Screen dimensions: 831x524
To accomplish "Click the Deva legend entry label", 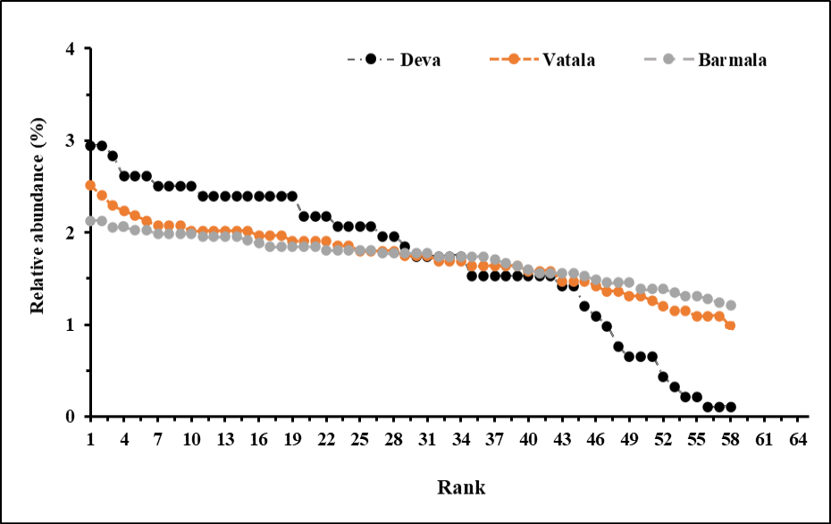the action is (x=420, y=59).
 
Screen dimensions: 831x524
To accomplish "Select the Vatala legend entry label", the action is (x=568, y=59).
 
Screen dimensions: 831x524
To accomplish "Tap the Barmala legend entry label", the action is (x=733, y=59).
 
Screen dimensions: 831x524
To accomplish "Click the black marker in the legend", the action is (x=371, y=59).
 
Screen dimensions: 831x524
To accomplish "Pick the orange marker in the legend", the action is (x=513, y=59).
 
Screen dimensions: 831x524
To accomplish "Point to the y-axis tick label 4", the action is (x=71, y=49).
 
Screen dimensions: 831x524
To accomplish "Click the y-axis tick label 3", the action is (x=71, y=141).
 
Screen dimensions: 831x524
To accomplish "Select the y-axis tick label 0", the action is (x=71, y=417).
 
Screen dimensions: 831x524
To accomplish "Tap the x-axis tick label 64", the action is (x=798, y=439).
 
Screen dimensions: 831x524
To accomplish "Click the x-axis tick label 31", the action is (x=427, y=439).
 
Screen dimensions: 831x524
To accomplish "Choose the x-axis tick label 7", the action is (x=158, y=439).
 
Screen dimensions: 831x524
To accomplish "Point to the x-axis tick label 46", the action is (x=596, y=439).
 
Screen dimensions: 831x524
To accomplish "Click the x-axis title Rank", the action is (x=461, y=486).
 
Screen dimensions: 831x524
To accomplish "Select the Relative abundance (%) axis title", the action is (x=38, y=216).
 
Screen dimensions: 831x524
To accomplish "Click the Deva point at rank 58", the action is (x=730, y=407).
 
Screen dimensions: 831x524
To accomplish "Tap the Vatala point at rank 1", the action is (x=90, y=185).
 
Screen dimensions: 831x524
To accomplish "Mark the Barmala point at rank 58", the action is (x=730, y=305).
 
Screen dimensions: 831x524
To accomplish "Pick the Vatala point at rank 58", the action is (x=730, y=325).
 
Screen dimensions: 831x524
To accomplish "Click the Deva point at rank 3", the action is (x=113, y=156).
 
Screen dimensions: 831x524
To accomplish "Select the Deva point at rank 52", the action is (x=663, y=376).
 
